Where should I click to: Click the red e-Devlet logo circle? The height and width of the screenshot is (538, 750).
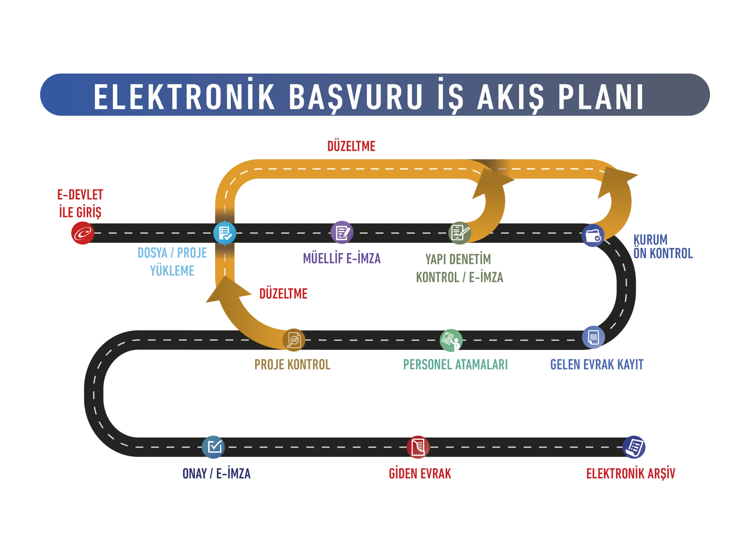[x=82, y=233]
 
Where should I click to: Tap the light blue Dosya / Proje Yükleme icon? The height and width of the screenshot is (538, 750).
[x=224, y=233]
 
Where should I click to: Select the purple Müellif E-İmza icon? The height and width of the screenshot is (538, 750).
[x=342, y=232]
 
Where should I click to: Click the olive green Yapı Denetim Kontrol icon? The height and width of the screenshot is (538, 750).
[x=459, y=233]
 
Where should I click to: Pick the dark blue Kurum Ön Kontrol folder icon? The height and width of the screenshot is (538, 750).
[x=593, y=236]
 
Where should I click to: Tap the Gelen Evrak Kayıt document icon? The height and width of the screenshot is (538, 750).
[x=593, y=337]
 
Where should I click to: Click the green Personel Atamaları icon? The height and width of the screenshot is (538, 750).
[x=451, y=340]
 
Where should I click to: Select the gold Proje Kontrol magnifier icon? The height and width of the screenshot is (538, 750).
[x=294, y=340]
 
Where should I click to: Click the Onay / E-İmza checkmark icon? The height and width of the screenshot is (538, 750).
[x=213, y=447]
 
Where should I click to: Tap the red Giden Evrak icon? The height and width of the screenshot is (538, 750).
[x=418, y=447]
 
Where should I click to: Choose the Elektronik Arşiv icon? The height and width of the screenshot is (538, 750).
[x=634, y=447]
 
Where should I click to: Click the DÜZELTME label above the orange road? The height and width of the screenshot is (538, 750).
[x=351, y=147]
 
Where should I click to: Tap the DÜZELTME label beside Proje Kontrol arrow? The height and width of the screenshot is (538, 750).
[x=283, y=294]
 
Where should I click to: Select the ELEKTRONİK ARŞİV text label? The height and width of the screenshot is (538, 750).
[x=630, y=474]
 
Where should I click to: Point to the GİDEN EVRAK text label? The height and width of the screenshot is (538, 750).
[x=420, y=474]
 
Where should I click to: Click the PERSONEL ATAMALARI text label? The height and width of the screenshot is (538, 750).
[x=455, y=365]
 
